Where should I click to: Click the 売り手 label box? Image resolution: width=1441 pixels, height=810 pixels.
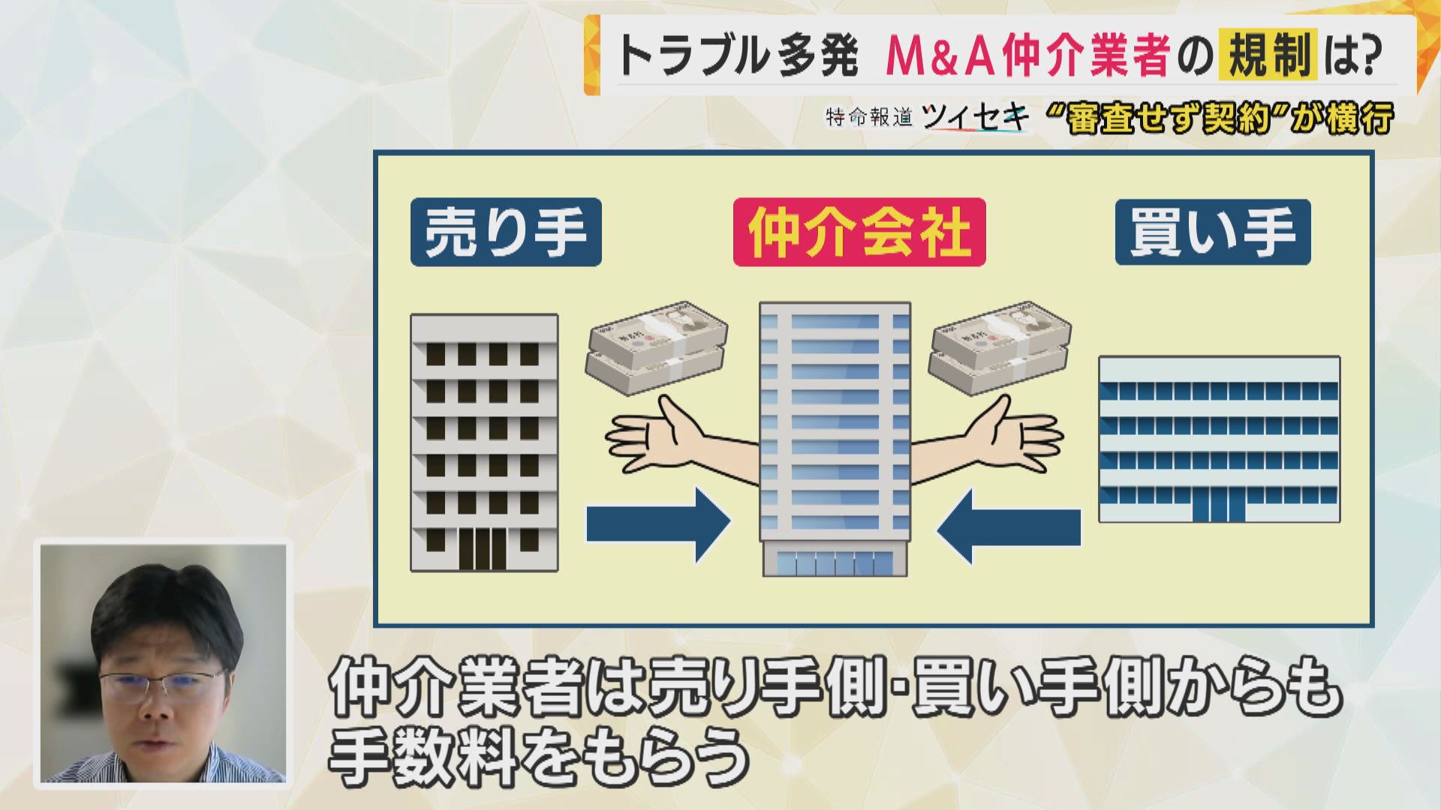506,232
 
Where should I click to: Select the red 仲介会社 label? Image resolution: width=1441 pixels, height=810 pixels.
859,232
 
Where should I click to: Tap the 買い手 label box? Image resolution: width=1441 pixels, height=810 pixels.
1212,232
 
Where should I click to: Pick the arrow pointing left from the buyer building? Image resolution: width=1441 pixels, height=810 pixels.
1009,526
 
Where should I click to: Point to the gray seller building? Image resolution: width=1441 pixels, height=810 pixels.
484,442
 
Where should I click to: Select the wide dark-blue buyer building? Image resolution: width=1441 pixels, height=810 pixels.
1219,439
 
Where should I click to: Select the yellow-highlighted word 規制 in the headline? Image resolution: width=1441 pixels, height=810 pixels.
1268,55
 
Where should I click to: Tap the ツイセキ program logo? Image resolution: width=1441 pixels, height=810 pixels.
975,118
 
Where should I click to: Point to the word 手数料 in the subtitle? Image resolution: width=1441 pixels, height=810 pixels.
423,756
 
